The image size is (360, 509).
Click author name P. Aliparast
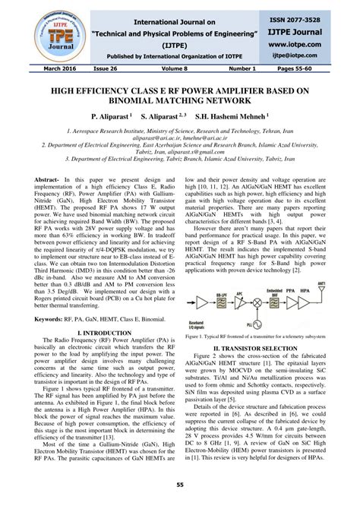[111, 119]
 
